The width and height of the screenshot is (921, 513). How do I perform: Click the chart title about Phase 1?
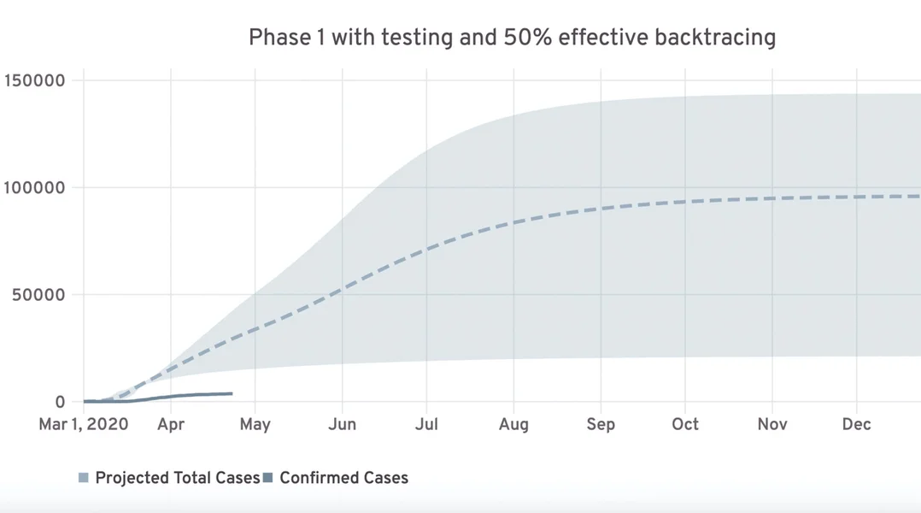coord(512,38)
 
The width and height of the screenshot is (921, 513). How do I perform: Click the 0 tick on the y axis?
coord(60,402)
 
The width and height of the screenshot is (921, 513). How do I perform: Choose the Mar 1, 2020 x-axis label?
coord(84,425)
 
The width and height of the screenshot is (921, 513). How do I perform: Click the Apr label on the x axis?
coord(171,425)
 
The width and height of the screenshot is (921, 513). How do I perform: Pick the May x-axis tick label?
coord(255,425)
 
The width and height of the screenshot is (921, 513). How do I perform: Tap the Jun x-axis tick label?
coord(342,425)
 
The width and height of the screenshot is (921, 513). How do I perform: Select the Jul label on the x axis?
coord(426,425)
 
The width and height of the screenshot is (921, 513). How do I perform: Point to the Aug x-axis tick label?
coord(513,425)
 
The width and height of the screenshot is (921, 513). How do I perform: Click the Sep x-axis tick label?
coord(600,425)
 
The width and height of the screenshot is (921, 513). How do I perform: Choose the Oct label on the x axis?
coord(685,425)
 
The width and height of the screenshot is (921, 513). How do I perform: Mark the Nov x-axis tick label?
coord(772,425)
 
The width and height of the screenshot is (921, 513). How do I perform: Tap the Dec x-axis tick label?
coord(856,425)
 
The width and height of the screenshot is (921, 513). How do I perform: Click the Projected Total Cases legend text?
coord(177,478)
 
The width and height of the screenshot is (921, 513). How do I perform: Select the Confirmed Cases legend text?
coord(343,478)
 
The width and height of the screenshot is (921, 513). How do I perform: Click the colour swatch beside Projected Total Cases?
coord(84,478)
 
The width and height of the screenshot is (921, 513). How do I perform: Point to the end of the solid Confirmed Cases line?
coord(232,393)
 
